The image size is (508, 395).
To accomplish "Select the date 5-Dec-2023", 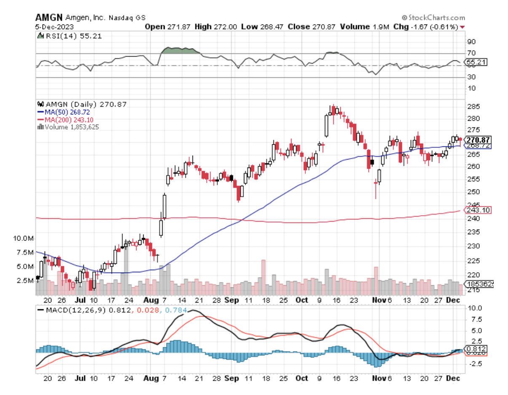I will (51, 27).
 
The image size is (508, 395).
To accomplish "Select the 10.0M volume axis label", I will (24, 238).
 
